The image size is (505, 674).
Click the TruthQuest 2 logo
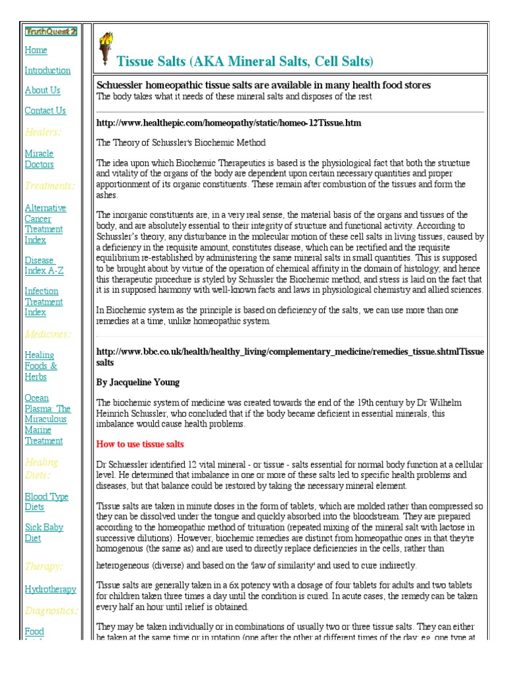point(51,31)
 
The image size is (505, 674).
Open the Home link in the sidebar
point(36,50)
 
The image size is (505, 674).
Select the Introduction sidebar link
point(47,70)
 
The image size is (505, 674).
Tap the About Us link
point(42,90)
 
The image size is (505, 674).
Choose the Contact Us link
point(45,111)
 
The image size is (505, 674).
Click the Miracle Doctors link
point(39,159)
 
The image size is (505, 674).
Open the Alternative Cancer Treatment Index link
point(45,224)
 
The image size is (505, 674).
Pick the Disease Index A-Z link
point(43,265)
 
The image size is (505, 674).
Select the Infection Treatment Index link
point(43,301)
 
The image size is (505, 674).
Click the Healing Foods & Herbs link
point(40,365)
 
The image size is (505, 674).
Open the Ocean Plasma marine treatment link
point(47,419)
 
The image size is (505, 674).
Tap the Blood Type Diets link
point(46,502)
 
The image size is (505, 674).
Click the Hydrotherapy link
point(50,589)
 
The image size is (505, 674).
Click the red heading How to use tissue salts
point(140,444)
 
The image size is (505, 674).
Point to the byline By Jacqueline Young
point(137,382)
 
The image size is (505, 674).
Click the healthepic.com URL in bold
point(228,122)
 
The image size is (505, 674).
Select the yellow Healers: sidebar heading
point(43,132)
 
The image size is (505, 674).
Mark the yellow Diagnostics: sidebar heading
point(51,610)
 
